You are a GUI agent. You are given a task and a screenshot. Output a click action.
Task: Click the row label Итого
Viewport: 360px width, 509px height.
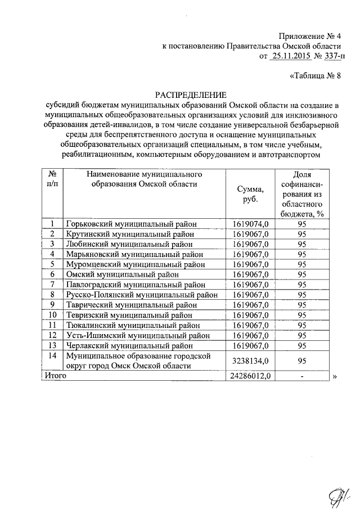pyautogui.click(x=55, y=376)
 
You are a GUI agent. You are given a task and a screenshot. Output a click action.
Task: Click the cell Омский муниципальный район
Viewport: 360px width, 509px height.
pyautogui.click(x=123, y=274)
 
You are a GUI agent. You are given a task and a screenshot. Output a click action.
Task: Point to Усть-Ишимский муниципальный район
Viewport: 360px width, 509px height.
pyautogui.click(x=134, y=335)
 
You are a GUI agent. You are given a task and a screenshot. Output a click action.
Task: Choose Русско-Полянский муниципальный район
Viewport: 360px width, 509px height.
pyautogui.click(x=141, y=295)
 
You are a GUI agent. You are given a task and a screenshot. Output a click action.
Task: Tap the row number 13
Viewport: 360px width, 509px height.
pyautogui.click(x=52, y=345)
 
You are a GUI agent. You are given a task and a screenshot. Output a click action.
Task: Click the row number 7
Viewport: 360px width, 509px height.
pyautogui.click(x=52, y=285)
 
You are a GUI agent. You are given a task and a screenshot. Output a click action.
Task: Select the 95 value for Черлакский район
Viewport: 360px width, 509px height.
pyautogui.click(x=301, y=345)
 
